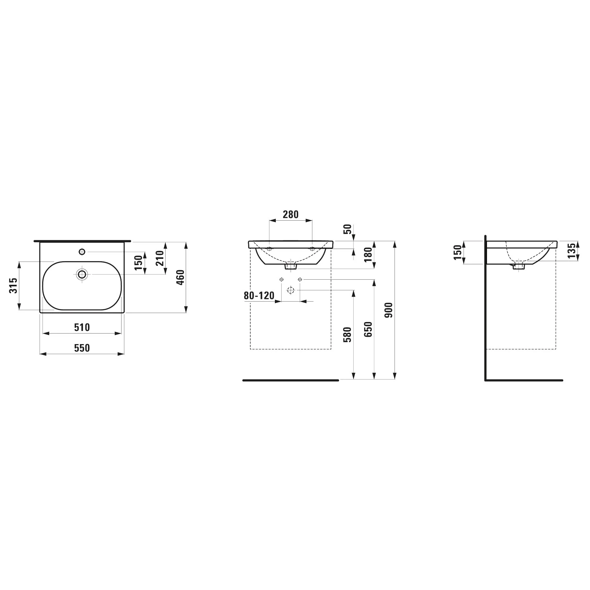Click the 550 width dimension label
pos(82,348)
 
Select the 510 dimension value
pos(82,327)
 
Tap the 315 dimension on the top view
pos(13,285)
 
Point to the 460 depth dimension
pos(181,278)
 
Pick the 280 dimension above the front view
pos(291,214)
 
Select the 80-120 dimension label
pos(259,296)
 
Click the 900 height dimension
pos(389,310)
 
